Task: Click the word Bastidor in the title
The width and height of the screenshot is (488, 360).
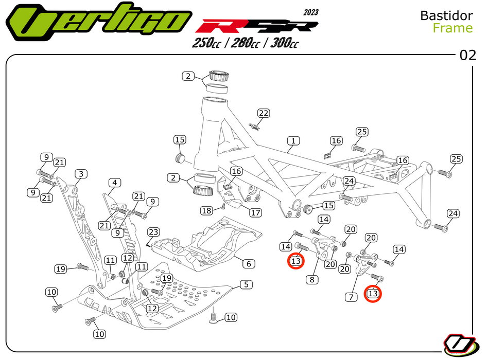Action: [446, 15]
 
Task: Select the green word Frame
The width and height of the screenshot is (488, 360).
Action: [452, 28]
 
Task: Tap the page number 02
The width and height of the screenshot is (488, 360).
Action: [468, 56]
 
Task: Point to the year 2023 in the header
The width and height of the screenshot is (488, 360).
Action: [310, 12]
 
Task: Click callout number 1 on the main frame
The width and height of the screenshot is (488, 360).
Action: [293, 140]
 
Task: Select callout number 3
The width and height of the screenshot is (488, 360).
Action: [80, 173]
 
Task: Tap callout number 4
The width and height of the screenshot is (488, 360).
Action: [114, 183]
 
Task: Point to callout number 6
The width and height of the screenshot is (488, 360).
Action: [248, 264]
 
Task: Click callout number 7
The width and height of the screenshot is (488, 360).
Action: [352, 297]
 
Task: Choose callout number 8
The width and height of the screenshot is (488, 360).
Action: [312, 280]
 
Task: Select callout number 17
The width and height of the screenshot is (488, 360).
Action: [255, 212]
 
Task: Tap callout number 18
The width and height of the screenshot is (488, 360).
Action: [206, 210]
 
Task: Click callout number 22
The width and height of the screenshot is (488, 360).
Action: [264, 113]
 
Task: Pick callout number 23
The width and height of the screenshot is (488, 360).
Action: [154, 232]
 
